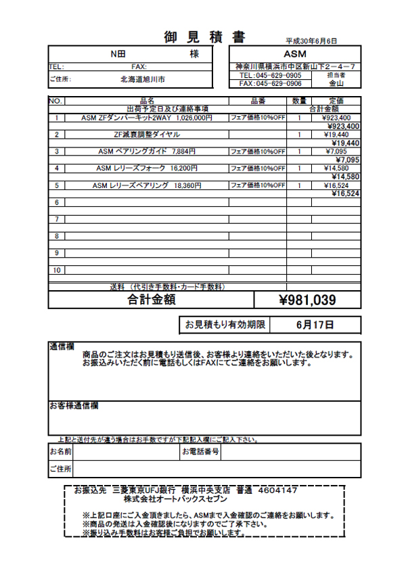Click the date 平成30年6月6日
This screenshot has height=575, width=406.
tap(311, 41)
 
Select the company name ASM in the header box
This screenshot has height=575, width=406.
tap(295, 53)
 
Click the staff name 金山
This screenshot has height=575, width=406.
tap(336, 84)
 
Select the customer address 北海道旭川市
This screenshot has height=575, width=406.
tap(143, 79)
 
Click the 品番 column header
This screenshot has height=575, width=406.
tap(258, 101)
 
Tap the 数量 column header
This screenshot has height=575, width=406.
tap(299, 101)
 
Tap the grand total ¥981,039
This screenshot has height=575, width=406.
tap(307, 300)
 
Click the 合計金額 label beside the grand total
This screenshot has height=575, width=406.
tap(152, 300)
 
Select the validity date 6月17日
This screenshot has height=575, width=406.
tap(315, 325)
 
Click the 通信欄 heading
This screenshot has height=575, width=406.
tap(62, 346)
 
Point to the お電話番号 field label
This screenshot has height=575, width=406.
tap(200, 451)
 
